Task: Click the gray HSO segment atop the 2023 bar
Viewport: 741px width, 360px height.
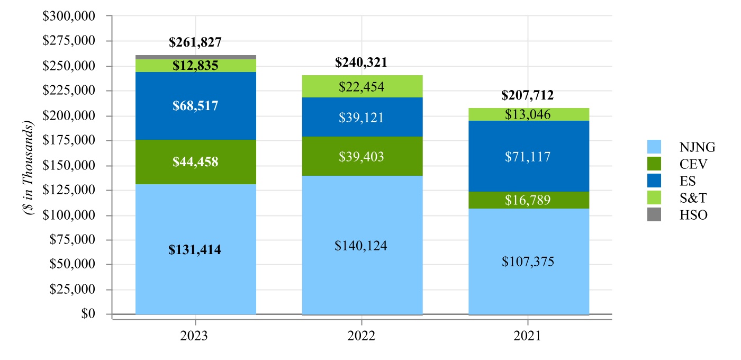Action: click(x=196, y=57)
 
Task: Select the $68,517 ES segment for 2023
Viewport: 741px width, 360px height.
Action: click(x=196, y=105)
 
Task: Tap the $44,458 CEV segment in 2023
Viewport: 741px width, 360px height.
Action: click(x=196, y=162)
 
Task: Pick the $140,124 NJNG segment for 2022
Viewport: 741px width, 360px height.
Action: click(x=362, y=246)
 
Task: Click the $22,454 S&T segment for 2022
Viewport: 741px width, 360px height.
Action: click(x=362, y=86)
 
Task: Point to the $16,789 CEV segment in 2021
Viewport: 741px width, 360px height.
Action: click(x=528, y=200)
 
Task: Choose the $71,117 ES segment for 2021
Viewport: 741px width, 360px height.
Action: click(x=528, y=156)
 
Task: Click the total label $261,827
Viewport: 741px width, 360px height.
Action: click(x=195, y=43)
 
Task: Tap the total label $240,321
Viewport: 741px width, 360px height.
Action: click(x=362, y=62)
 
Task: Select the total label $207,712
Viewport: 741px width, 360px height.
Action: click(x=528, y=95)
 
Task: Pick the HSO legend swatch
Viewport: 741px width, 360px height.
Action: click(x=654, y=215)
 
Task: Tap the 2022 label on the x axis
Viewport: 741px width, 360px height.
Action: click(x=362, y=336)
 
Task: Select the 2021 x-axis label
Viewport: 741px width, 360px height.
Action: click(x=528, y=336)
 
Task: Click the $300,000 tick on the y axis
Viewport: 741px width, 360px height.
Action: click(x=68, y=16)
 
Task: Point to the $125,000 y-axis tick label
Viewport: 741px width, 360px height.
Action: click(x=68, y=190)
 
